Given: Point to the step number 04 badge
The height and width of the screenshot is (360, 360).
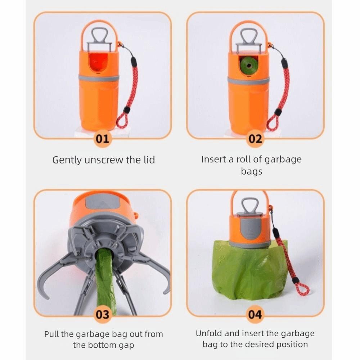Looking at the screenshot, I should tap(255, 314).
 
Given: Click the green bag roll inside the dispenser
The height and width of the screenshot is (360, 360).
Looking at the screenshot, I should tap(249, 66).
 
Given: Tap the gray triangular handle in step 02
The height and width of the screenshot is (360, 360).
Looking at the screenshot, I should tap(249, 36).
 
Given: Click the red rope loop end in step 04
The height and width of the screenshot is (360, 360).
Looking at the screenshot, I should tap(303, 289).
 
